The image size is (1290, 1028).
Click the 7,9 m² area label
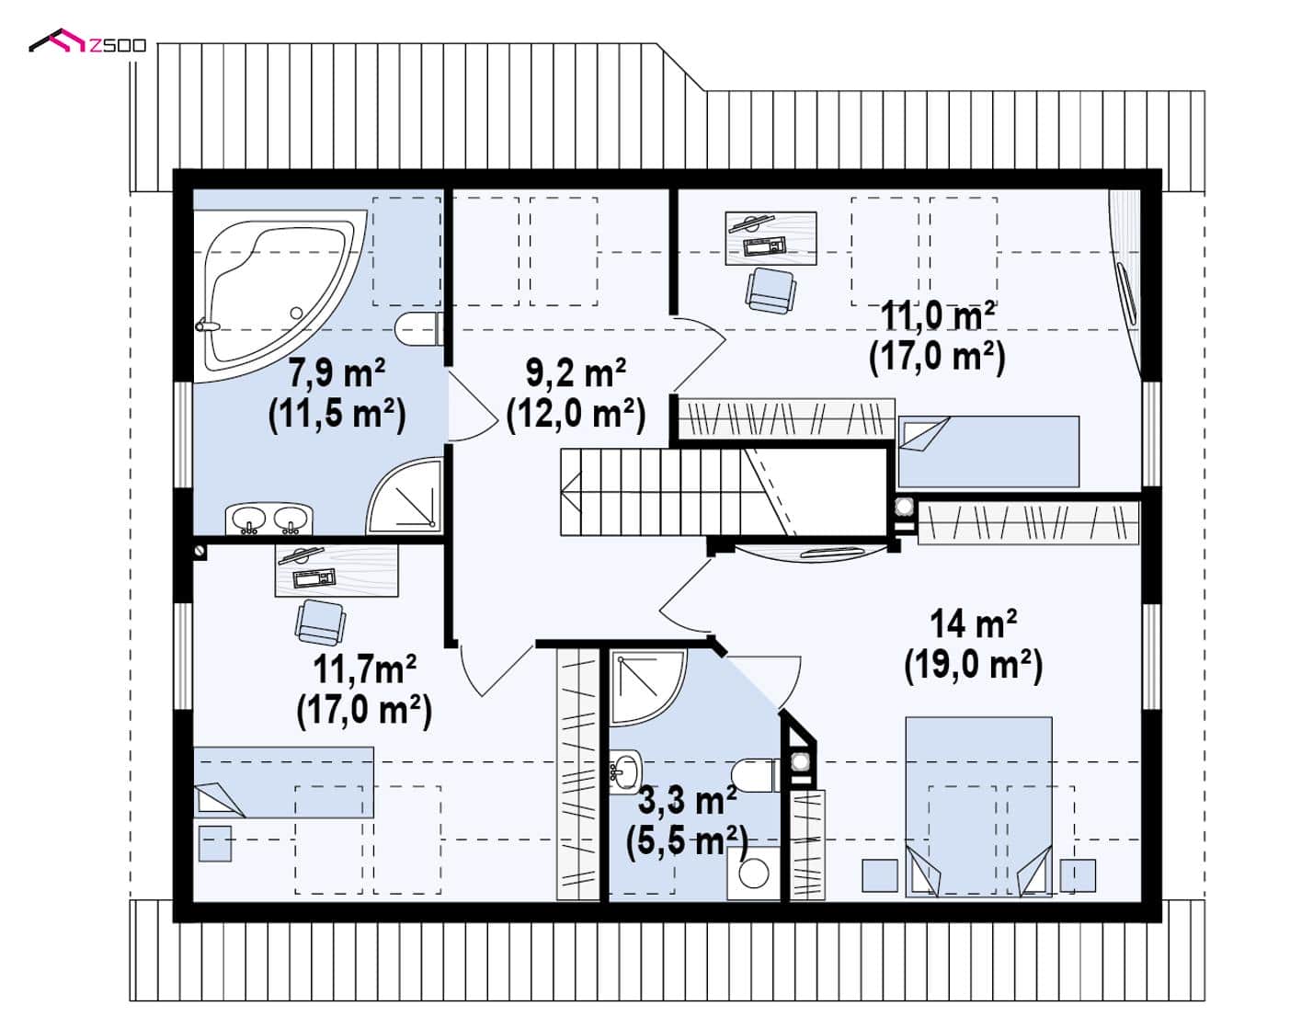[x=337, y=372]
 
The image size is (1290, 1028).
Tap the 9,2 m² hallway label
[x=576, y=372]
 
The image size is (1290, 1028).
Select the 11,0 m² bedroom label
[x=938, y=316]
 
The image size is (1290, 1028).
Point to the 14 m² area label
[x=973, y=623]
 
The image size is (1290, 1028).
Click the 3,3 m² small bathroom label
[x=687, y=801]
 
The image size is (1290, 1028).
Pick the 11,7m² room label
[x=364, y=669]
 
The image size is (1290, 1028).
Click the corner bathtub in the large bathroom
[x=277, y=293]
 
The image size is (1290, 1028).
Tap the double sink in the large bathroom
[x=269, y=519]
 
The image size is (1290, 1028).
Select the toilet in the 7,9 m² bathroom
[x=419, y=329]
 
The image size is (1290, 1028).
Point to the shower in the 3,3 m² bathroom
[x=647, y=688]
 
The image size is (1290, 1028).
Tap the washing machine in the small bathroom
[x=754, y=874]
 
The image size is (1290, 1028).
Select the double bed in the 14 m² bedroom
[x=978, y=806]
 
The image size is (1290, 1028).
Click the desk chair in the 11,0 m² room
[x=771, y=291]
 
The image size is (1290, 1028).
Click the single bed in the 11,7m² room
[x=283, y=782]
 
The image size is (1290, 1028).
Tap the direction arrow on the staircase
[x=571, y=492]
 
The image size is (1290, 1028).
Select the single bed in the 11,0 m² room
[x=988, y=451]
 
